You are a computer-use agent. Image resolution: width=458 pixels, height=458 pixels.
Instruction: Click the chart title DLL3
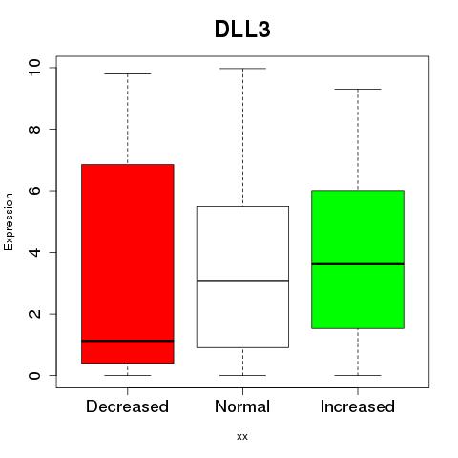point(242,29)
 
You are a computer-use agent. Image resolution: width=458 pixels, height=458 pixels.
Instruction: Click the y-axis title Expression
point(9,221)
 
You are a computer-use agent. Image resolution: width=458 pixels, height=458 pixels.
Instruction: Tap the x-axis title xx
point(242,436)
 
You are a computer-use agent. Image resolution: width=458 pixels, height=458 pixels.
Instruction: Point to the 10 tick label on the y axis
point(34,68)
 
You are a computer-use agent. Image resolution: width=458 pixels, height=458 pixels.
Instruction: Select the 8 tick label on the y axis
point(34,129)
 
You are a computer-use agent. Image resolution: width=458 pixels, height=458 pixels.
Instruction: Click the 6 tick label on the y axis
point(34,191)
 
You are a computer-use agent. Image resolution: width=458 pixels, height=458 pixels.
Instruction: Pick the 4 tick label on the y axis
point(34,252)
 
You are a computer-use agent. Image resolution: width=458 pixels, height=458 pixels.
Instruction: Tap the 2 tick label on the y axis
point(34,314)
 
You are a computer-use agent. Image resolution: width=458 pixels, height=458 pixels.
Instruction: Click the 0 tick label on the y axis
point(34,375)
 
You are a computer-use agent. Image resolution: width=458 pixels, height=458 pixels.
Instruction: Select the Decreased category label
point(127,406)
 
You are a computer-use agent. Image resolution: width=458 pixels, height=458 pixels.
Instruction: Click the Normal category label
point(242,406)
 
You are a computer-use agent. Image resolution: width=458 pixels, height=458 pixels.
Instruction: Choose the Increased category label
point(358,406)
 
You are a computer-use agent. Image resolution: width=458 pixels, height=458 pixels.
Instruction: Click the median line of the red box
point(128,341)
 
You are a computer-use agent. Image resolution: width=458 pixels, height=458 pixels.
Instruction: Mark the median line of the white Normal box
point(242,281)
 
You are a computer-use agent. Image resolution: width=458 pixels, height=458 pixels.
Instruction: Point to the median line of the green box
point(358,264)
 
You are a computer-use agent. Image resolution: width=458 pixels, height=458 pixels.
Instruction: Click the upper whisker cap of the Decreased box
point(128,73)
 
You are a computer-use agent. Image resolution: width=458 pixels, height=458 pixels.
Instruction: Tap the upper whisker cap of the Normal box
point(242,69)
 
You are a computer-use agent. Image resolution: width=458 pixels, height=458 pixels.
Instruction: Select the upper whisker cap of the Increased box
point(358,89)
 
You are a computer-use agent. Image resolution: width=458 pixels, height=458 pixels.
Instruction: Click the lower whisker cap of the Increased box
point(358,375)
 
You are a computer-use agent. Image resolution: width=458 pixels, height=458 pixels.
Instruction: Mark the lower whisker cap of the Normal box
point(242,375)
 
